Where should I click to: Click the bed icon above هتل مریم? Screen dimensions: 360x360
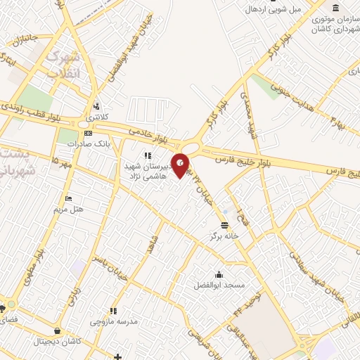pos(68,198)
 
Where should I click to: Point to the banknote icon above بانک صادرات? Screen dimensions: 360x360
pos(87,133)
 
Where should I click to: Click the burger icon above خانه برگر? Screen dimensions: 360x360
pos(224,225)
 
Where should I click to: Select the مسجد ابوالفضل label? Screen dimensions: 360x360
pos(219,286)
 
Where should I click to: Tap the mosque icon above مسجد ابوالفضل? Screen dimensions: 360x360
pos(219,275)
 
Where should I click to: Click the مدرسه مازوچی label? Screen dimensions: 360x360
pos(112,321)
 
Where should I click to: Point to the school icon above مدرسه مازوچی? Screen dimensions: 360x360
pos(112,310)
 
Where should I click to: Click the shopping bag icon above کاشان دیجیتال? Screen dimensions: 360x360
pos(56,330)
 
